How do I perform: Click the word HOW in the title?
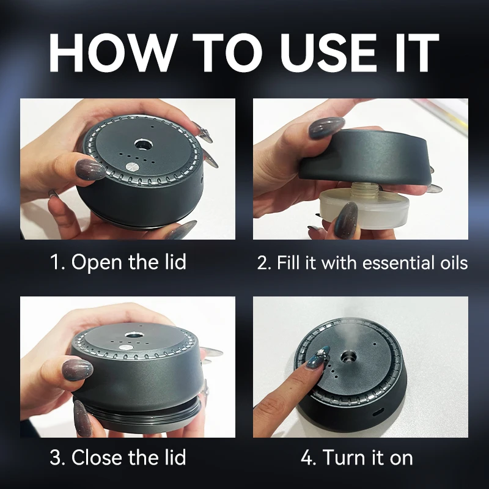pos(111,53)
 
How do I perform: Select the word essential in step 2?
pos(399,263)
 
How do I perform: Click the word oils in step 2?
pos(454,263)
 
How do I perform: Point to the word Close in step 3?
pos(97,457)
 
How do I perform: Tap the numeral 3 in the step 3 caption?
pos(56,458)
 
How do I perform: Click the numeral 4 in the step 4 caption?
pos(307,458)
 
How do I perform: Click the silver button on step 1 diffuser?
pos(131,167)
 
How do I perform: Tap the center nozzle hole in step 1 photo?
pos(144,144)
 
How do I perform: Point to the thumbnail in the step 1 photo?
pos(90,169)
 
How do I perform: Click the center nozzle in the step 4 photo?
pos(348,356)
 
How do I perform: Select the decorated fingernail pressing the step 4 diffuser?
pos(318,359)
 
